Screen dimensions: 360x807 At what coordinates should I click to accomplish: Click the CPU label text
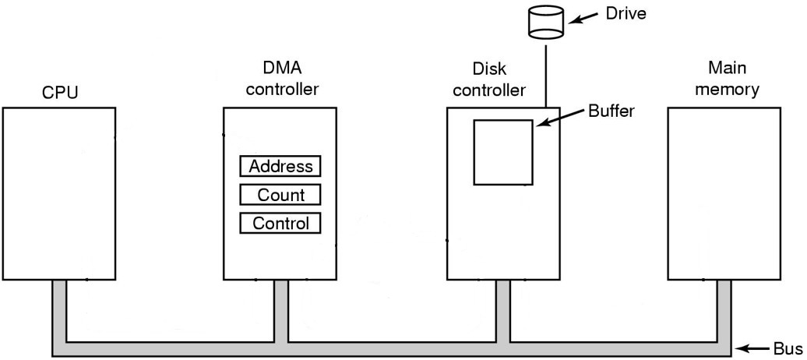59,94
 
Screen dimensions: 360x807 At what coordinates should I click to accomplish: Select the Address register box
280,167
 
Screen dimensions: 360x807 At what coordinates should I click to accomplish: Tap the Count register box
280,195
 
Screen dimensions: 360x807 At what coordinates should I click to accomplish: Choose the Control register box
280,224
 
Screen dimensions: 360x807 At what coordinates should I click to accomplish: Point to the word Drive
628,13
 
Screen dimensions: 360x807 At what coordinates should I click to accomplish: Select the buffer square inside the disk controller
503,152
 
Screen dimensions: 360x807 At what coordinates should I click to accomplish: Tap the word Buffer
612,111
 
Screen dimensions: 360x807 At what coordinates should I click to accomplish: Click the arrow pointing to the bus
754,347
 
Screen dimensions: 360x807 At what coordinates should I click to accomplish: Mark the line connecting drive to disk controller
546,74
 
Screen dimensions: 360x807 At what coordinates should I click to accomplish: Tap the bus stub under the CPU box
59,296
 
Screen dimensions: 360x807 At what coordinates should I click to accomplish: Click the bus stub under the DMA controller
281,296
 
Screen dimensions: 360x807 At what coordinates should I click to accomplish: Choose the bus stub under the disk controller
503,296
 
